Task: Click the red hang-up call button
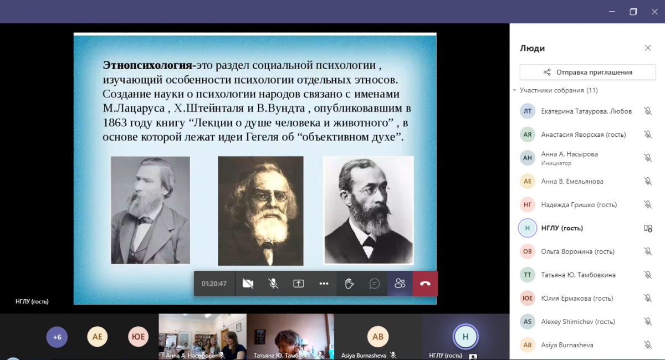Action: click(425, 284)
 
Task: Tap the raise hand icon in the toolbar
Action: click(349, 284)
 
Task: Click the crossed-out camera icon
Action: click(248, 284)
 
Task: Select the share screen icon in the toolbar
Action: click(298, 284)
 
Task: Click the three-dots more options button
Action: click(324, 284)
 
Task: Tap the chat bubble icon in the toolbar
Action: click(375, 284)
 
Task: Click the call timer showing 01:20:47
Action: click(214, 284)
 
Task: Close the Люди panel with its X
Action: click(648, 48)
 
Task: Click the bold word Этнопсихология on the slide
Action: click(147, 65)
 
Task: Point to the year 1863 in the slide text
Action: click(115, 122)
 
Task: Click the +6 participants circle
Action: click(57, 337)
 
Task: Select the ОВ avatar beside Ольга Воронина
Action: click(528, 251)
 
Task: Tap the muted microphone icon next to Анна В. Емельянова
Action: click(648, 181)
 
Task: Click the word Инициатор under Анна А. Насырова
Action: click(556, 163)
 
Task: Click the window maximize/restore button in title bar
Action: click(633, 12)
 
